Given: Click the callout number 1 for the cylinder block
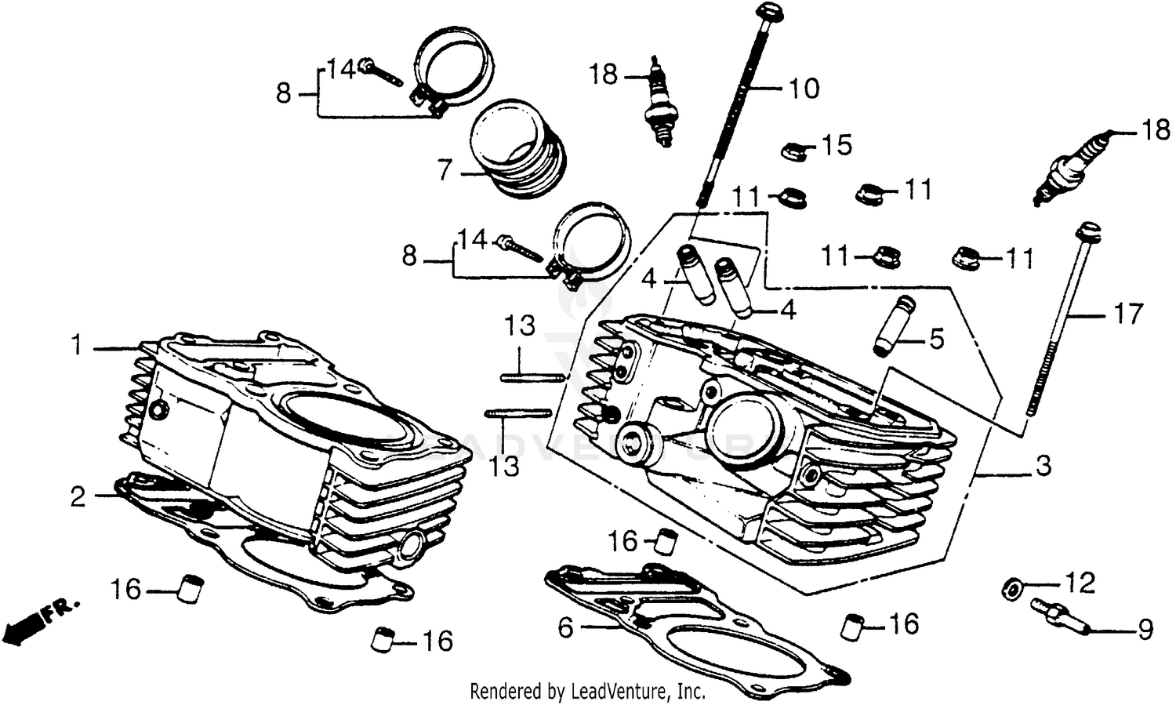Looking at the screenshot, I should click(x=77, y=345).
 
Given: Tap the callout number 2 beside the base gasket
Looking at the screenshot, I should click(x=78, y=496).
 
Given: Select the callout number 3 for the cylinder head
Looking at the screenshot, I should click(x=1043, y=466).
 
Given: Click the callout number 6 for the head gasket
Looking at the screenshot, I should click(x=566, y=627).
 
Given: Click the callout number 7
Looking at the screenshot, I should click(x=445, y=169).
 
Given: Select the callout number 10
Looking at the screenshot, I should click(x=804, y=89).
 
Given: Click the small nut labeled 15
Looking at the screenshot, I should click(x=795, y=150).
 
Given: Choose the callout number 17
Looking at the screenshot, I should click(x=1129, y=314).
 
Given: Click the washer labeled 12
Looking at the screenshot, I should click(x=1012, y=589).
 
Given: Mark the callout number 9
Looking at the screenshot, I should click(x=1145, y=629).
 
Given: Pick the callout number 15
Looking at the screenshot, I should click(x=837, y=145).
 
